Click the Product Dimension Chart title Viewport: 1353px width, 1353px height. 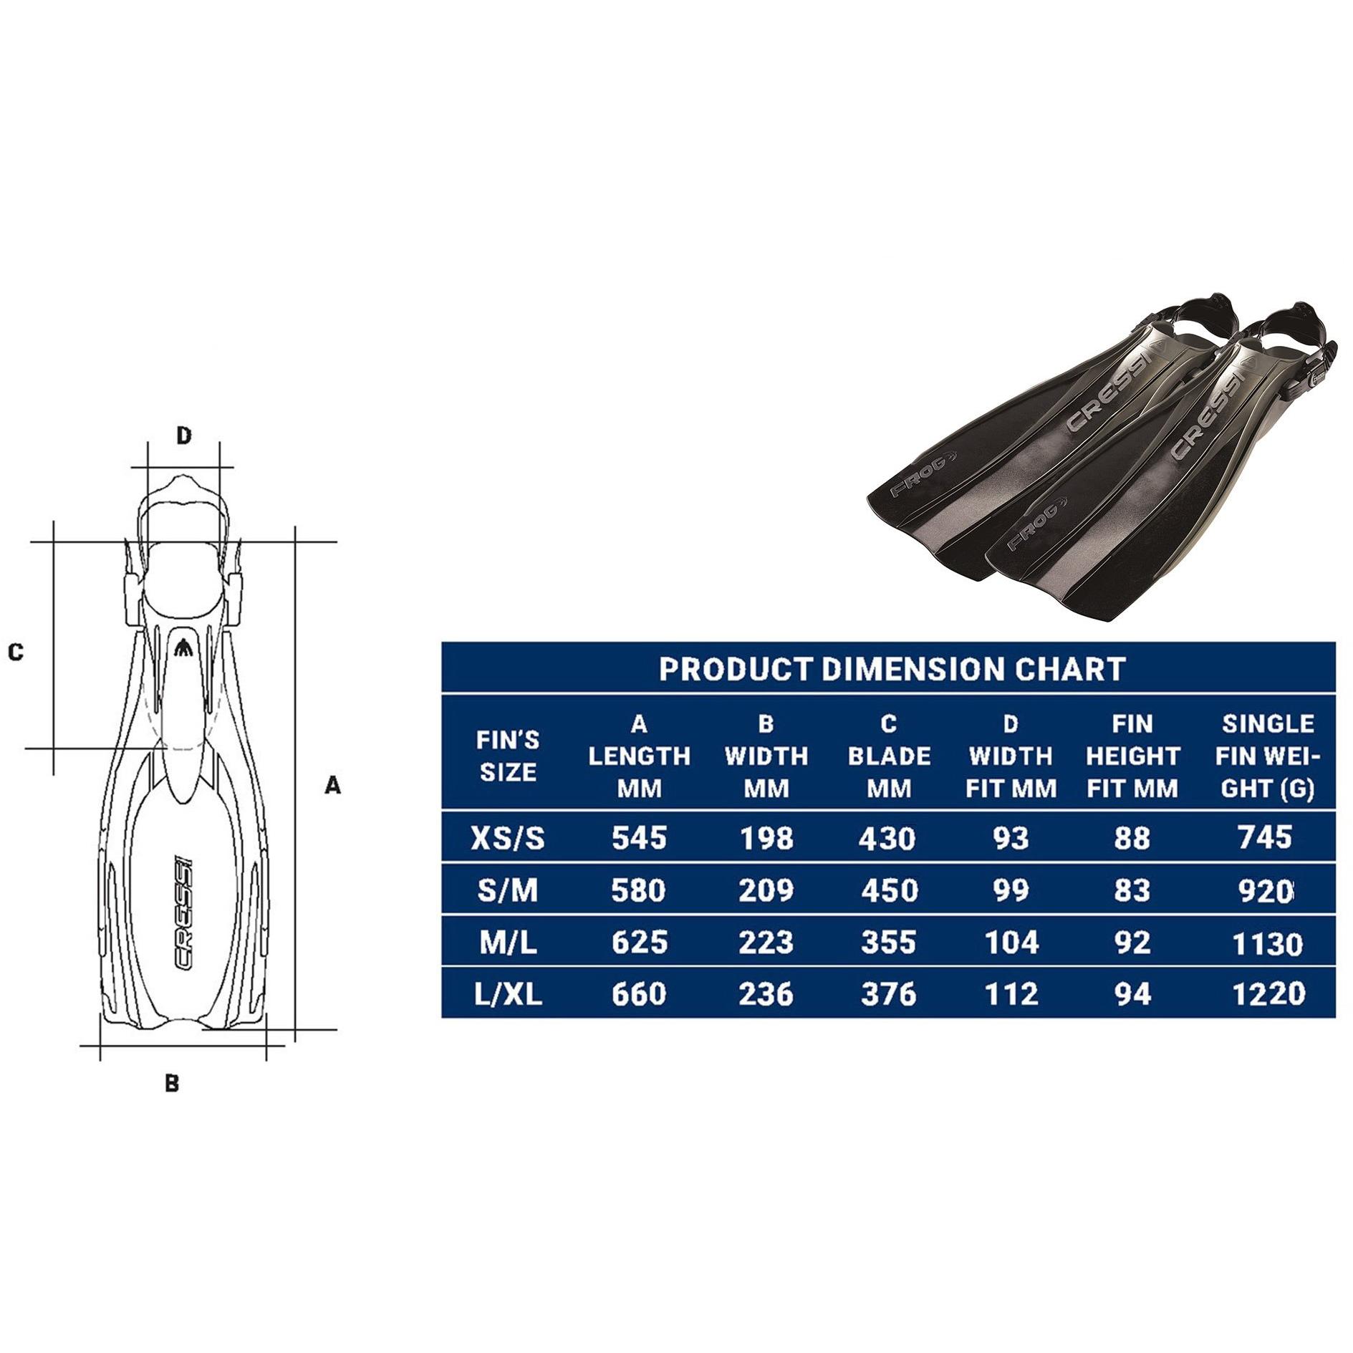click(x=891, y=669)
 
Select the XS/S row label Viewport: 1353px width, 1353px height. click(x=507, y=837)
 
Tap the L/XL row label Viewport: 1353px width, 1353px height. click(x=507, y=993)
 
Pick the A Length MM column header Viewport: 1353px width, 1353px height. click(x=639, y=756)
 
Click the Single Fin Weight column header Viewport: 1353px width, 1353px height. click(x=1267, y=756)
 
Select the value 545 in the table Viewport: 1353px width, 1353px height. click(x=639, y=837)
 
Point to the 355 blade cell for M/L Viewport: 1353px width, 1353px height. click(x=888, y=942)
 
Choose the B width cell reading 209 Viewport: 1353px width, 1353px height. click(x=766, y=890)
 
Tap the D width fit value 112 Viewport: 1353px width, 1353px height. click(x=1010, y=993)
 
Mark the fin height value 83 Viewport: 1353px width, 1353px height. click(x=1132, y=890)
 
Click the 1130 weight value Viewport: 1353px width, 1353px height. click(x=1267, y=943)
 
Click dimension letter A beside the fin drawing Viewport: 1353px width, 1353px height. click(x=332, y=786)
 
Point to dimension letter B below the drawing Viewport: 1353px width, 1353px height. click(x=172, y=1083)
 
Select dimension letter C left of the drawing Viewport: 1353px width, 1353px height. click(x=16, y=652)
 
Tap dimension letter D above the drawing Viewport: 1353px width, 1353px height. click(x=184, y=435)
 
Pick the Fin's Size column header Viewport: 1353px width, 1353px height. click(x=507, y=756)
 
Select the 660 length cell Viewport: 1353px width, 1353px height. click(x=639, y=993)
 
